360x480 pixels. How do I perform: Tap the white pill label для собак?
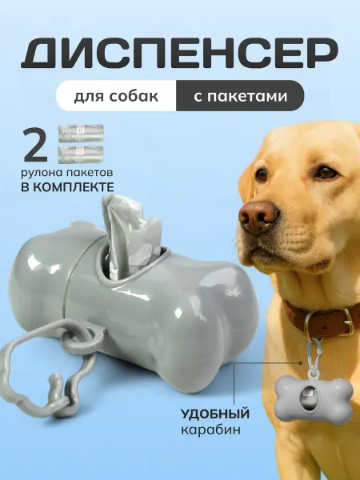(116, 95)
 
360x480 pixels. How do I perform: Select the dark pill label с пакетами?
(240, 95)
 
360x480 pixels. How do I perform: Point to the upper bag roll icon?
(81, 133)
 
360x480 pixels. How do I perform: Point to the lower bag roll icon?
(81, 154)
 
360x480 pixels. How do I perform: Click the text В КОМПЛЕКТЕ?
(67, 186)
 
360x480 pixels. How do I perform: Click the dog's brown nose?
(258, 216)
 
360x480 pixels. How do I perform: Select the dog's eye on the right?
(326, 172)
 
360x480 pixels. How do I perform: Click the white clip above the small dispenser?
(313, 356)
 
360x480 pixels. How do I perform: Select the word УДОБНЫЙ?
(214, 414)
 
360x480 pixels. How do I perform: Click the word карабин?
(210, 430)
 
